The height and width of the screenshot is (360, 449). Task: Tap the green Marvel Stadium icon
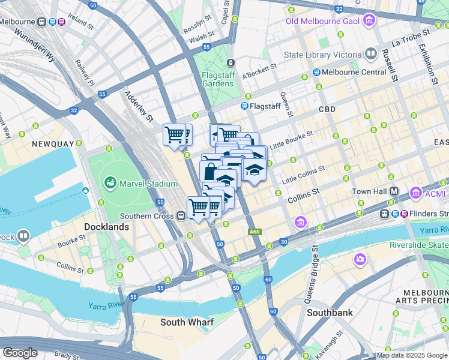tap(110, 182)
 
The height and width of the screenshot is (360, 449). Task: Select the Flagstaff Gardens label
tap(217, 79)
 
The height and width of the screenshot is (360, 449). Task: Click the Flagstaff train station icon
tap(245, 106)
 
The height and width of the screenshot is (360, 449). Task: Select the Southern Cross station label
tap(147, 216)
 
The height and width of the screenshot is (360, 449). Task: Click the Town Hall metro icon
tap(395, 191)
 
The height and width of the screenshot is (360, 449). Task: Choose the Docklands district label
tap(106, 227)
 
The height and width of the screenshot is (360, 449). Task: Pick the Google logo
tap(20, 353)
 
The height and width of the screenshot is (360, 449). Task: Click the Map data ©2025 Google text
tap(412, 355)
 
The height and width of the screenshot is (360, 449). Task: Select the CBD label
tap(327, 109)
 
